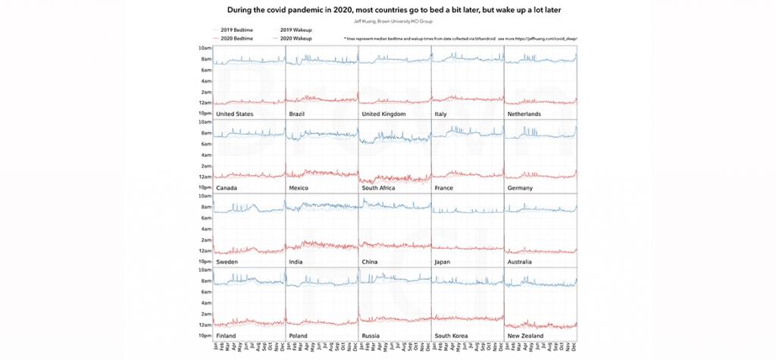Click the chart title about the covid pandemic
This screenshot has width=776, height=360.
click(x=388, y=10)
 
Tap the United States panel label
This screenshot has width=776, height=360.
click(x=234, y=114)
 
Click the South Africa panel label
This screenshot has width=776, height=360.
click(x=385, y=187)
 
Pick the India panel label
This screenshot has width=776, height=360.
click(x=297, y=261)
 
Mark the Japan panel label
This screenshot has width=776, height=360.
click(x=446, y=261)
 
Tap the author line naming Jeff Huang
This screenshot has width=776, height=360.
click(x=388, y=21)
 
